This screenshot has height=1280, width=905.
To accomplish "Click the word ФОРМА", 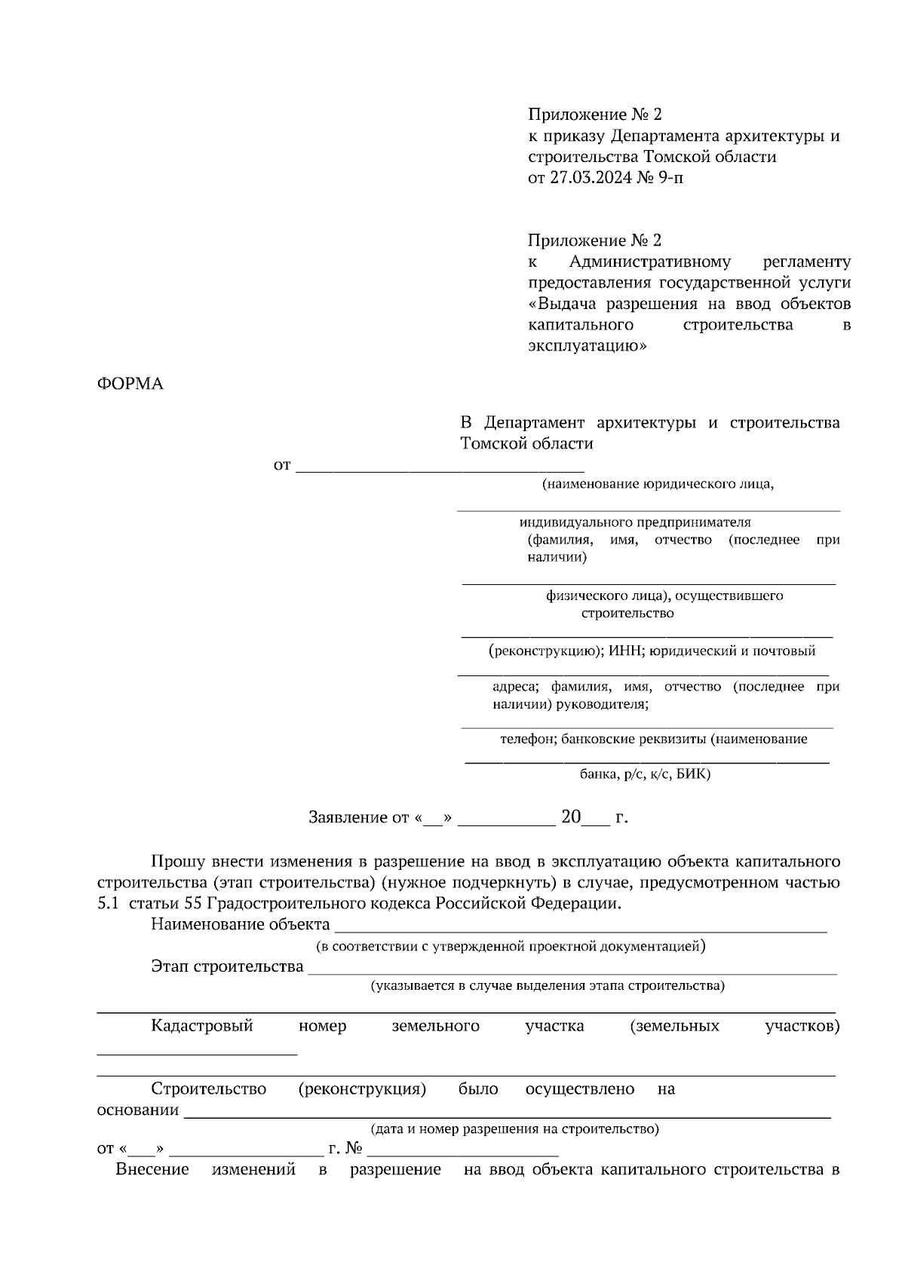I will (130, 384).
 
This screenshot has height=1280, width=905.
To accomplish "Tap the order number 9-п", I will (673, 179).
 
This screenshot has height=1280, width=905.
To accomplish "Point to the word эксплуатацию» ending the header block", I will (587, 346).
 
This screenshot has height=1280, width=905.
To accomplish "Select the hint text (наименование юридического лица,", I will (658, 484).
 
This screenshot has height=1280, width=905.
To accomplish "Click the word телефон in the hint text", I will (528, 739).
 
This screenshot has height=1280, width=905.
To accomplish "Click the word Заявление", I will (347, 817).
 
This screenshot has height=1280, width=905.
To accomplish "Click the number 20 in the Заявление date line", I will (570, 817).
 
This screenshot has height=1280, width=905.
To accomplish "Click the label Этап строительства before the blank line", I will (227, 966).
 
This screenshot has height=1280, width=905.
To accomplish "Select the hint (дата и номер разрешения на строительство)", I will (514, 1128).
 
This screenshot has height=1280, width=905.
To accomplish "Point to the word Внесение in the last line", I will (152, 1169).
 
